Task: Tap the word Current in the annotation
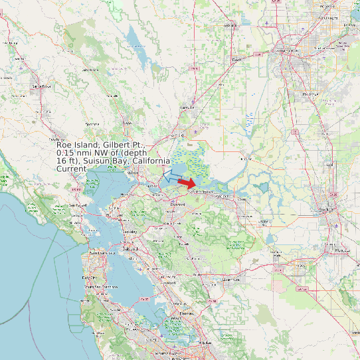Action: tap(71, 169)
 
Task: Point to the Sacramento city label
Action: tap(286, 50)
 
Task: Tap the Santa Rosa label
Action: tap(41, 86)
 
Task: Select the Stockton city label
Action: tap(325, 210)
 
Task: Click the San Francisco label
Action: tap(98, 254)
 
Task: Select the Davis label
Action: tap(236, 59)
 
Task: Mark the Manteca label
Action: tap(342, 250)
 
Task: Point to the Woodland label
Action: tap(230, 25)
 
